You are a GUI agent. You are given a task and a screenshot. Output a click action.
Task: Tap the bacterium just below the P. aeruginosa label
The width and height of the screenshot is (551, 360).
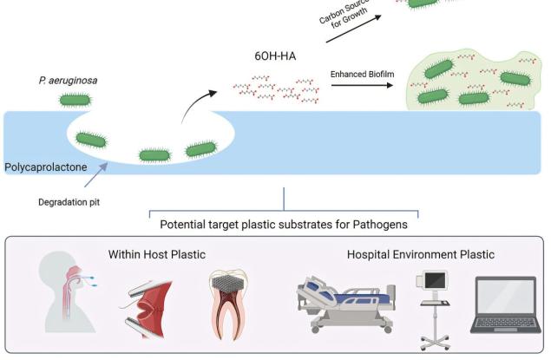pos(75,98)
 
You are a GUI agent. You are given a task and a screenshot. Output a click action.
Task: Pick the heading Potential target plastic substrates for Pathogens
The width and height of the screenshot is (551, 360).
pos(283,224)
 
